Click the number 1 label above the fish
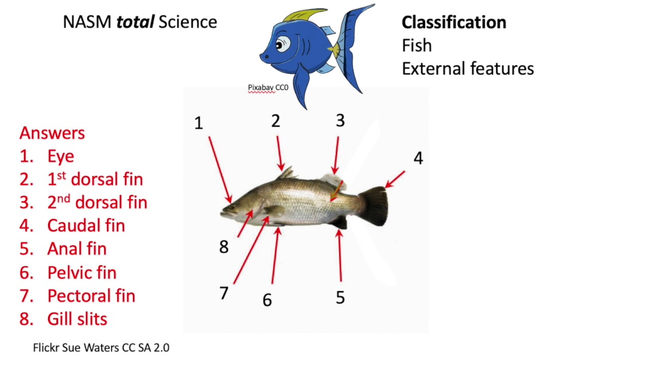pyautogui.click(x=199, y=123)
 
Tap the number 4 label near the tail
pyautogui.click(x=418, y=158)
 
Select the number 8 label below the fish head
pyautogui.click(x=224, y=247)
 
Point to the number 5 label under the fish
pyautogui.click(x=340, y=297)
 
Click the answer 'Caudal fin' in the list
pyautogui.click(x=86, y=225)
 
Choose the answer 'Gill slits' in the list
pyautogui.click(x=77, y=319)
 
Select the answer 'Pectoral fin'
pyautogui.click(x=91, y=295)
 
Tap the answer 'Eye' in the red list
pyautogui.click(x=60, y=156)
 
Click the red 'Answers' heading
pyautogui.click(x=52, y=133)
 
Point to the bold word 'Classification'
pyautogui.click(x=454, y=22)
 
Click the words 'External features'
pyautogui.click(x=468, y=68)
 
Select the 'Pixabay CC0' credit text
pyautogui.click(x=268, y=87)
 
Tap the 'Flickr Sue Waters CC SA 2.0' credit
pyautogui.click(x=101, y=348)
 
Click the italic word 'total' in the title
pyautogui.click(x=135, y=22)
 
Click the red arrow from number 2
pyautogui.click(x=279, y=152)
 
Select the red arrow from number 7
pyautogui.click(x=251, y=250)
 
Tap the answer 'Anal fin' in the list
pyautogui.click(x=77, y=249)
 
